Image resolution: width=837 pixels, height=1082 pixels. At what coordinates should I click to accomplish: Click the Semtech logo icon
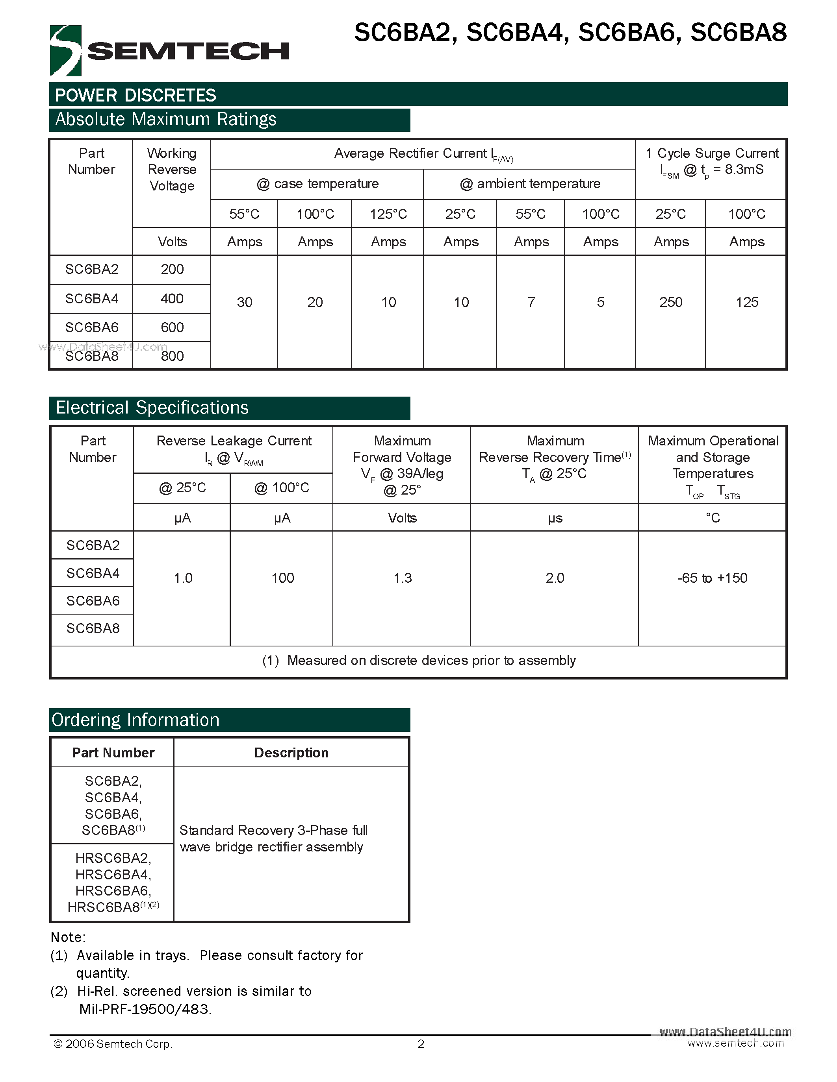[65, 50]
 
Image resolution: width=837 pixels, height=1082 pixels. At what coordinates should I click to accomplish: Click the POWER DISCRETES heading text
[135, 95]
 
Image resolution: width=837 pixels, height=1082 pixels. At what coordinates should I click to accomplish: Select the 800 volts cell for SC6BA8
[172, 356]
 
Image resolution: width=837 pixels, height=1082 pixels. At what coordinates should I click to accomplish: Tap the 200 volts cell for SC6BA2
[172, 269]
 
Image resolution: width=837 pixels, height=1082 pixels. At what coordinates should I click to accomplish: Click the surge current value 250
[670, 302]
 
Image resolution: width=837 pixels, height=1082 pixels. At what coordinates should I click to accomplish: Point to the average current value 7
[531, 302]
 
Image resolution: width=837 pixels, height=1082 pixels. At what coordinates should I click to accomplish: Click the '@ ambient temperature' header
[529, 184]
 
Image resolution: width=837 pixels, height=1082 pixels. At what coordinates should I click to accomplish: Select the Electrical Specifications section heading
[152, 408]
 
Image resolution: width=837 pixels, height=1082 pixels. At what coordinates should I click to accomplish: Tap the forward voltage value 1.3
[402, 578]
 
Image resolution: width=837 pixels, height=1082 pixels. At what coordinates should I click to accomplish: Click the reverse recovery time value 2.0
[555, 578]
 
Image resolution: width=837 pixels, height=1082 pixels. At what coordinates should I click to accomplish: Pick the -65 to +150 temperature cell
[712, 578]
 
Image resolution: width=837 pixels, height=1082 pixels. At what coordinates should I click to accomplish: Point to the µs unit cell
[555, 518]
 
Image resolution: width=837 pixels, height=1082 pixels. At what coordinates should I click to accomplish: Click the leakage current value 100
[282, 578]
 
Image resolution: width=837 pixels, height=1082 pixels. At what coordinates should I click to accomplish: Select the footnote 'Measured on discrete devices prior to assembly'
[419, 660]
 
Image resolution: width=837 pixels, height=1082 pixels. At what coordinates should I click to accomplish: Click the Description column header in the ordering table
[291, 753]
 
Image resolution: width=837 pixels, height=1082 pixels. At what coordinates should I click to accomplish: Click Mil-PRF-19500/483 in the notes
[145, 1009]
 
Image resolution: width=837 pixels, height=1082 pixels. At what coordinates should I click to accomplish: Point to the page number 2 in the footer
[421, 1044]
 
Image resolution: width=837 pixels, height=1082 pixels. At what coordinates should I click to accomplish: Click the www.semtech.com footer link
[735, 1043]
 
